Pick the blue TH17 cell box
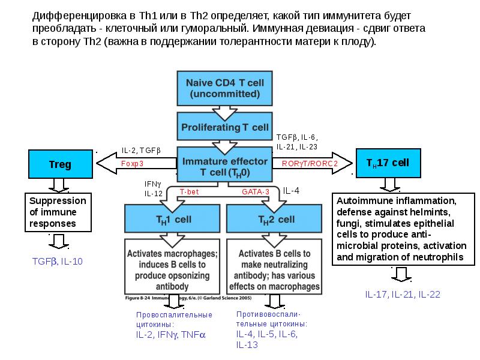pos(388,163)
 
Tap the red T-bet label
pos(190,191)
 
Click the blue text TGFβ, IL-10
pos(58,261)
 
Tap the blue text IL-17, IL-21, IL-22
pos(403,294)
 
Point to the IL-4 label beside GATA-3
pos(291,191)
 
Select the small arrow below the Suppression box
pos(58,241)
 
